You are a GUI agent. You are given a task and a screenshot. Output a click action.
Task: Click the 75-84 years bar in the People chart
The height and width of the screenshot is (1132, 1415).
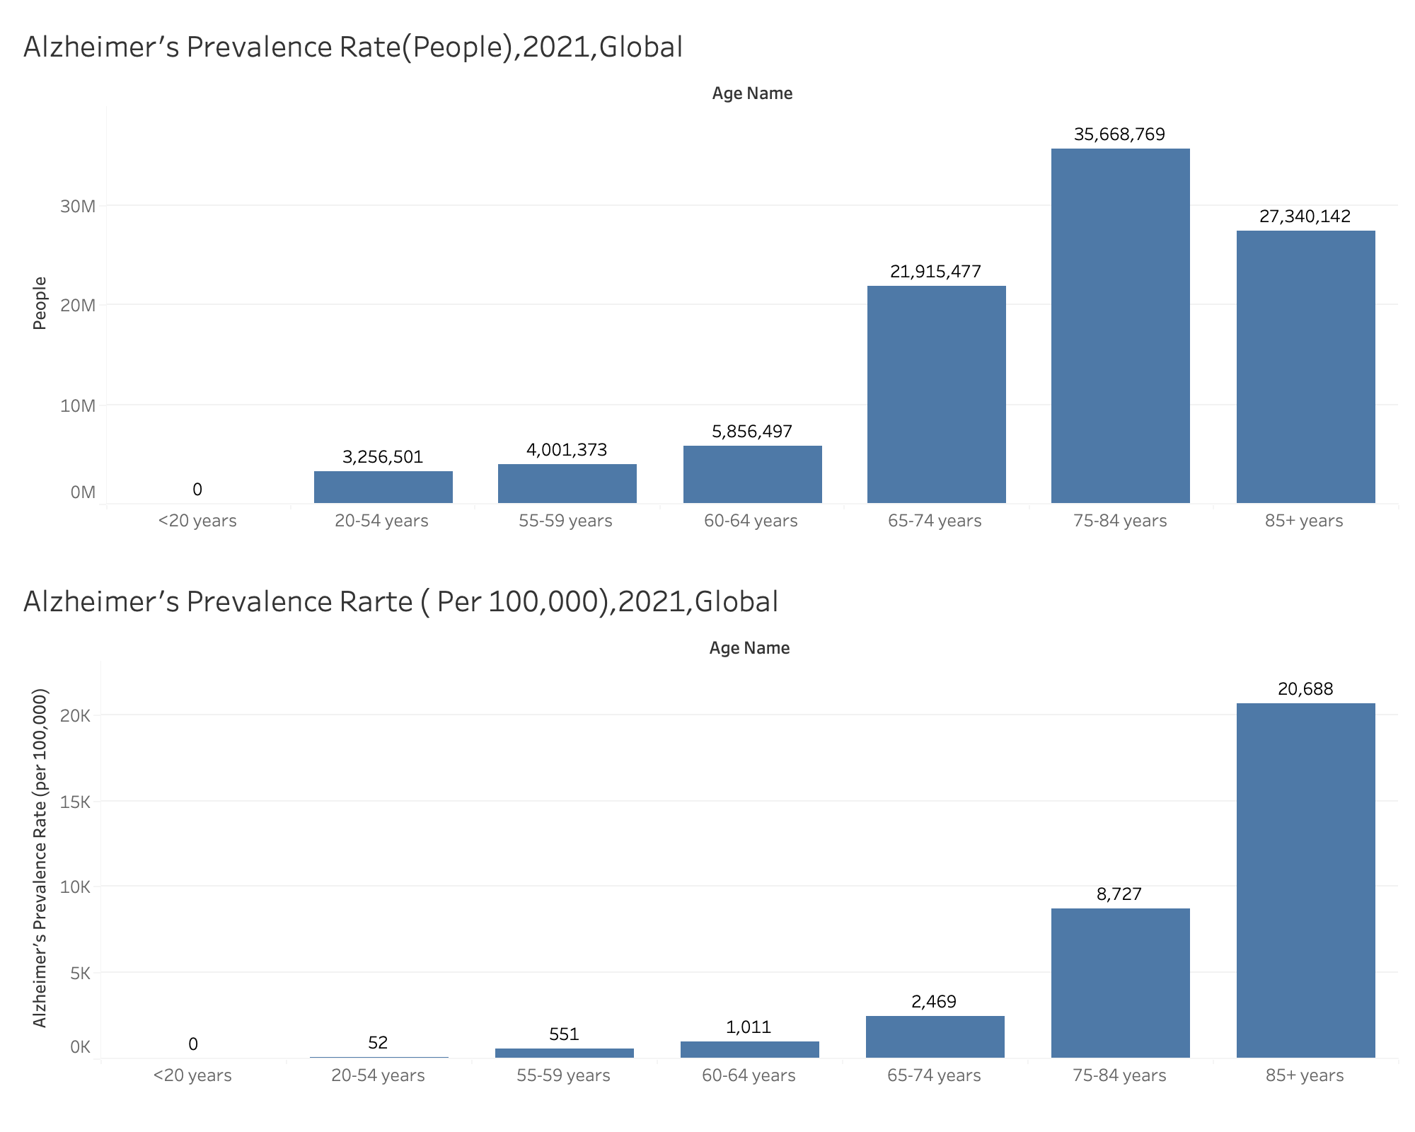tap(1120, 325)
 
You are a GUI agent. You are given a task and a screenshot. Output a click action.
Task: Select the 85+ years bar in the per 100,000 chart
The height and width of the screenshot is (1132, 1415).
tap(1305, 880)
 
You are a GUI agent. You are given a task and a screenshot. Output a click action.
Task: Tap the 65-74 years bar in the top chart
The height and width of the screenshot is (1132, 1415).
tap(936, 394)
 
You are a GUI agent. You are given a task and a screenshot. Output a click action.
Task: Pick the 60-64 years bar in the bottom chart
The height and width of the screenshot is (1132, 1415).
tap(749, 1049)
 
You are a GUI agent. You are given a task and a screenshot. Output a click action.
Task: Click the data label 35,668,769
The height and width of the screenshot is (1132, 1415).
tap(1119, 134)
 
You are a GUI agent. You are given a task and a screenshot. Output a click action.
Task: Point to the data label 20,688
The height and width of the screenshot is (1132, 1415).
tap(1305, 689)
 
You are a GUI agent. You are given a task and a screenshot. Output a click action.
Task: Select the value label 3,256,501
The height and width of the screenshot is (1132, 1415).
tap(383, 457)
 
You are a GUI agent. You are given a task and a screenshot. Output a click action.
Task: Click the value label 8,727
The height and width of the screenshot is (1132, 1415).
tap(1119, 894)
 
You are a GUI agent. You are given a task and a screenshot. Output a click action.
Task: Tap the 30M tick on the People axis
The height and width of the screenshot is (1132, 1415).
tap(78, 207)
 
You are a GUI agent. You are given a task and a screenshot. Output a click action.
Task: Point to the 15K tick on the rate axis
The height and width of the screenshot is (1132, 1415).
tap(75, 802)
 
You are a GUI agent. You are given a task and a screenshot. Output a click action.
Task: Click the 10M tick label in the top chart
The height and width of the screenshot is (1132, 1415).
tap(78, 406)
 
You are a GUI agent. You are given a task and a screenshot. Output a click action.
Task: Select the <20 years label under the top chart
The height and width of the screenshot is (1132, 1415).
tap(197, 521)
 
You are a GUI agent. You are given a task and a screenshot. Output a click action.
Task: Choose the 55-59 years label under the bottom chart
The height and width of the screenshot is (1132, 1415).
tap(563, 1076)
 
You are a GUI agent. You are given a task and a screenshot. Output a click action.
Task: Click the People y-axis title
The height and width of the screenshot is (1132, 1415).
tap(40, 303)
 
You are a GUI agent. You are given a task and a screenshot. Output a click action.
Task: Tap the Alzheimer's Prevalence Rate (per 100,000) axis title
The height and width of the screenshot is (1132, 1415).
tap(40, 857)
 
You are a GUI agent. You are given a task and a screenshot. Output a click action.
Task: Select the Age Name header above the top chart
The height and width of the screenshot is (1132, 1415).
tap(752, 93)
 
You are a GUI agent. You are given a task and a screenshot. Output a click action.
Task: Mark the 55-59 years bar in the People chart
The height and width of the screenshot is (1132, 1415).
tap(567, 483)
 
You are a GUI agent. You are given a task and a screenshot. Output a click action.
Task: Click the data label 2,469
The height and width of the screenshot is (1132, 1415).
tap(934, 1002)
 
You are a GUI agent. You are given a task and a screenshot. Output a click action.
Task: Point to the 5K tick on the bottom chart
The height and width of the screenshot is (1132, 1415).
tap(80, 974)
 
